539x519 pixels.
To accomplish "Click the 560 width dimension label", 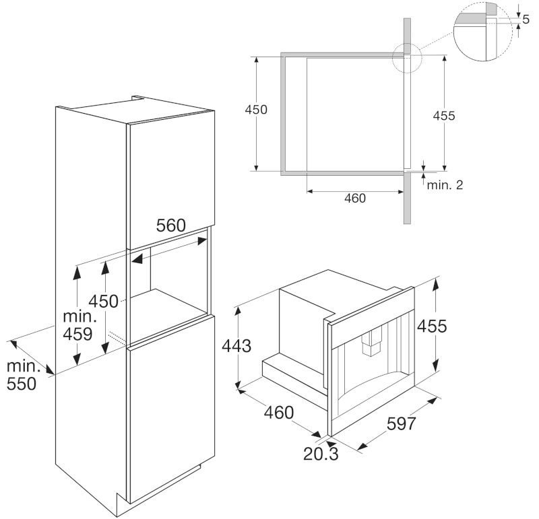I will tap(170, 226).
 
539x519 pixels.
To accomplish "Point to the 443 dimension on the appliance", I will tap(236, 347).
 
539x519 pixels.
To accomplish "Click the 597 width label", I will tap(402, 425).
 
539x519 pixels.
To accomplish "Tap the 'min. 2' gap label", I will tap(445, 184).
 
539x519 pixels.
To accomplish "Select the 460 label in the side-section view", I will tap(354, 199).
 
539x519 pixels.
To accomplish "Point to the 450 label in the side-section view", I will tap(257, 110).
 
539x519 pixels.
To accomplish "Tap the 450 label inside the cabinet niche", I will tap(104, 301).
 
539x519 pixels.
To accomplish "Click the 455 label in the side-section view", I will tap(444, 116).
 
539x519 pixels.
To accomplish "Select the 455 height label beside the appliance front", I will tap(431, 326).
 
